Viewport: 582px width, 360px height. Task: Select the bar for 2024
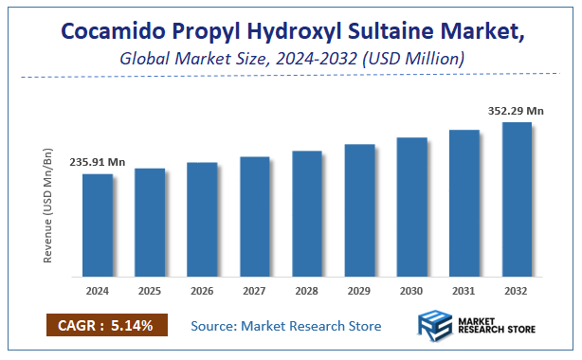click(x=97, y=226)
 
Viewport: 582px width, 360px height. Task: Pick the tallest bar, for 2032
click(x=517, y=200)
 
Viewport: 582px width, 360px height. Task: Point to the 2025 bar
click(x=150, y=224)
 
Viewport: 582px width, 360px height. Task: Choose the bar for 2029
click(x=359, y=211)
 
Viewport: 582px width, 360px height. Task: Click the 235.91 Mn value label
click(x=97, y=162)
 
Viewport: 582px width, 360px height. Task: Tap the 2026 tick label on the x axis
click(x=202, y=292)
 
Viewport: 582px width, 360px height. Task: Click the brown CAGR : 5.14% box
click(x=106, y=326)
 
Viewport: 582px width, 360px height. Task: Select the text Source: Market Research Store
click(x=285, y=326)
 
